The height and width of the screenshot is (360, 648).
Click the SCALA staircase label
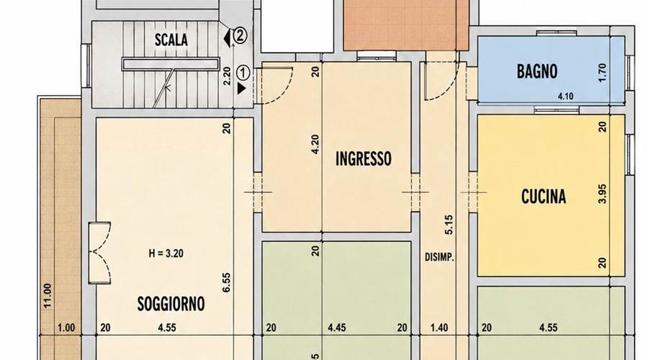(x=171, y=40)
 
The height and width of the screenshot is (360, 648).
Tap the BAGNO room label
(x=537, y=71)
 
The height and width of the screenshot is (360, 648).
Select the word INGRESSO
(x=364, y=158)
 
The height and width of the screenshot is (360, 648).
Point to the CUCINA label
(x=544, y=197)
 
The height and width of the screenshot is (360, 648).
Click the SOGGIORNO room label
(x=171, y=305)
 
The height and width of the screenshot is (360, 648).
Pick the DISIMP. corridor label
(x=439, y=258)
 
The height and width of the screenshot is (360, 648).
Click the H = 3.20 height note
(x=166, y=253)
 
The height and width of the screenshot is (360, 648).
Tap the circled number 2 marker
(x=240, y=35)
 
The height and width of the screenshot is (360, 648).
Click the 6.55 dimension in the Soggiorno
(x=227, y=283)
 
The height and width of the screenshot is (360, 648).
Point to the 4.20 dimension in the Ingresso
(x=315, y=145)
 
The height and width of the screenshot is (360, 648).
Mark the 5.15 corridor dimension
(x=449, y=225)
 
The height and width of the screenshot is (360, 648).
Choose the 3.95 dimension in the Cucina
(x=602, y=194)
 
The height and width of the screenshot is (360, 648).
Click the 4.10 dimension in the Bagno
(x=565, y=96)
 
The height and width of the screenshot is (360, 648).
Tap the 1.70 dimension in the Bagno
(x=602, y=73)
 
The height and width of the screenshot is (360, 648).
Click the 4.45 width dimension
(x=336, y=328)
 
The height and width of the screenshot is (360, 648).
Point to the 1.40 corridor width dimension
(x=439, y=328)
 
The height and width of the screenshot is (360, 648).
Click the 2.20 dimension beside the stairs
(x=227, y=76)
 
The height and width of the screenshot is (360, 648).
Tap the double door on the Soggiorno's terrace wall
(x=99, y=253)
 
